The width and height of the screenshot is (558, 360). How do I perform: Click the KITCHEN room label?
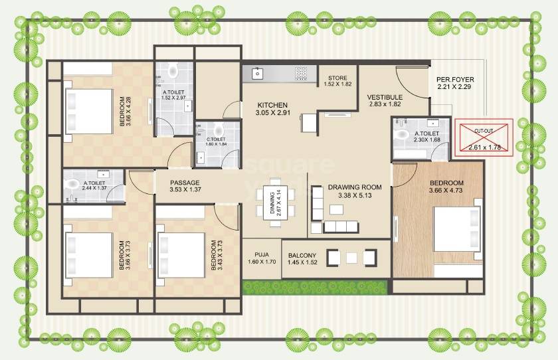point(272,105)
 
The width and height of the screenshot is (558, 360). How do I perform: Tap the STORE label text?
point(337,78)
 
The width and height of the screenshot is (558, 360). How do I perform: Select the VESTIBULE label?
point(385,98)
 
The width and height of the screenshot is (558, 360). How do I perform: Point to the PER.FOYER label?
point(456,80)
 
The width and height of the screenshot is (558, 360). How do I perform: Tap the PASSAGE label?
point(184,183)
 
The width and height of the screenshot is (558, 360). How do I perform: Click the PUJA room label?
point(262,255)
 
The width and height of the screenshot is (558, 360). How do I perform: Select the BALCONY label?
point(302,256)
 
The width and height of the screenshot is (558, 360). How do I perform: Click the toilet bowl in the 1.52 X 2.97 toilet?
point(174,68)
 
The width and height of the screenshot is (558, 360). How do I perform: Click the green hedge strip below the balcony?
point(316,286)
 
